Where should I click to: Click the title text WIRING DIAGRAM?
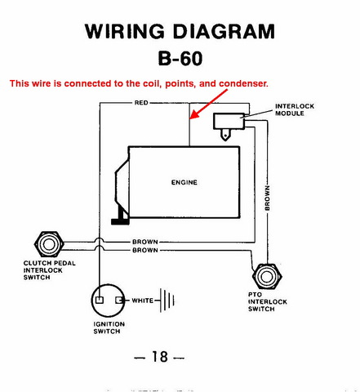pyautogui.click(x=180, y=31)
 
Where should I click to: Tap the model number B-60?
pyautogui.click(x=180, y=58)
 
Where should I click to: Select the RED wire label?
pyautogui.click(x=141, y=103)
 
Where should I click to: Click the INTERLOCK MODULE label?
pyautogui.click(x=295, y=109)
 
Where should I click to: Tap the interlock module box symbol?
pyautogui.click(x=229, y=121)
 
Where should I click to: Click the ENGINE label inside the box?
pyautogui.click(x=184, y=182)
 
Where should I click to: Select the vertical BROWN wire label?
pyautogui.click(x=268, y=198)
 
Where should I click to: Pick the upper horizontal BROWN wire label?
pyautogui.click(x=145, y=242)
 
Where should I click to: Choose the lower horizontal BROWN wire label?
pyautogui.click(x=145, y=250)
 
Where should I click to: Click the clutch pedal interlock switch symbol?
pyautogui.click(x=49, y=244)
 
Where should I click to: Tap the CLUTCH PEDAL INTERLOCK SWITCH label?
pyautogui.click(x=49, y=270)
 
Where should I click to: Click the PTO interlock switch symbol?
pyautogui.click(x=267, y=276)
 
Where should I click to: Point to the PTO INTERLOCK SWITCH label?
pyautogui.click(x=268, y=301)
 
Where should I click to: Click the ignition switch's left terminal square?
pyautogui.click(x=100, y=300)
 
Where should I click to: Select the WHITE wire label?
pyautogui.click(x=143, y=301)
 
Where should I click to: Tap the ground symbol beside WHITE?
pyautogui.click(x=167, y=301)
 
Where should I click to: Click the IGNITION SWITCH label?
pyautogui.click(x=109, y=327)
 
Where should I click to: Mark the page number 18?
pyautogui.click(x=160, y=357)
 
